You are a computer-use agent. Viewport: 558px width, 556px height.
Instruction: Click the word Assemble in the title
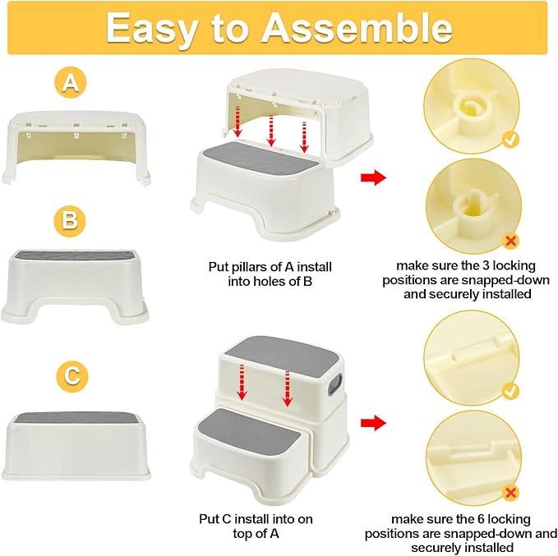pyautogui.click(x=357, y=29)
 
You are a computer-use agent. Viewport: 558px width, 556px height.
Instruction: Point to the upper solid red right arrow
pyautogui.click(x=374, y=177)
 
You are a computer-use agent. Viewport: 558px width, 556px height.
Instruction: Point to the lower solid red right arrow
pyautogui.click(x=374, y=423)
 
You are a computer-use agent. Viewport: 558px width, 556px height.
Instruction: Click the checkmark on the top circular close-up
pyautogui.click(x=510, y=140)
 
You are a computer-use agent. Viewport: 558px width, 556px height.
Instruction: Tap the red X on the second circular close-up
pyautogui.click(x=510, y=241)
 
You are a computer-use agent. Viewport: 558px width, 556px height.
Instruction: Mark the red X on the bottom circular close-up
pyautogui.click(x=510, y=492)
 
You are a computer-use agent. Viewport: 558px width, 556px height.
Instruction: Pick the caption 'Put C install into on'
pyautogui.click(x=256, y=519)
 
